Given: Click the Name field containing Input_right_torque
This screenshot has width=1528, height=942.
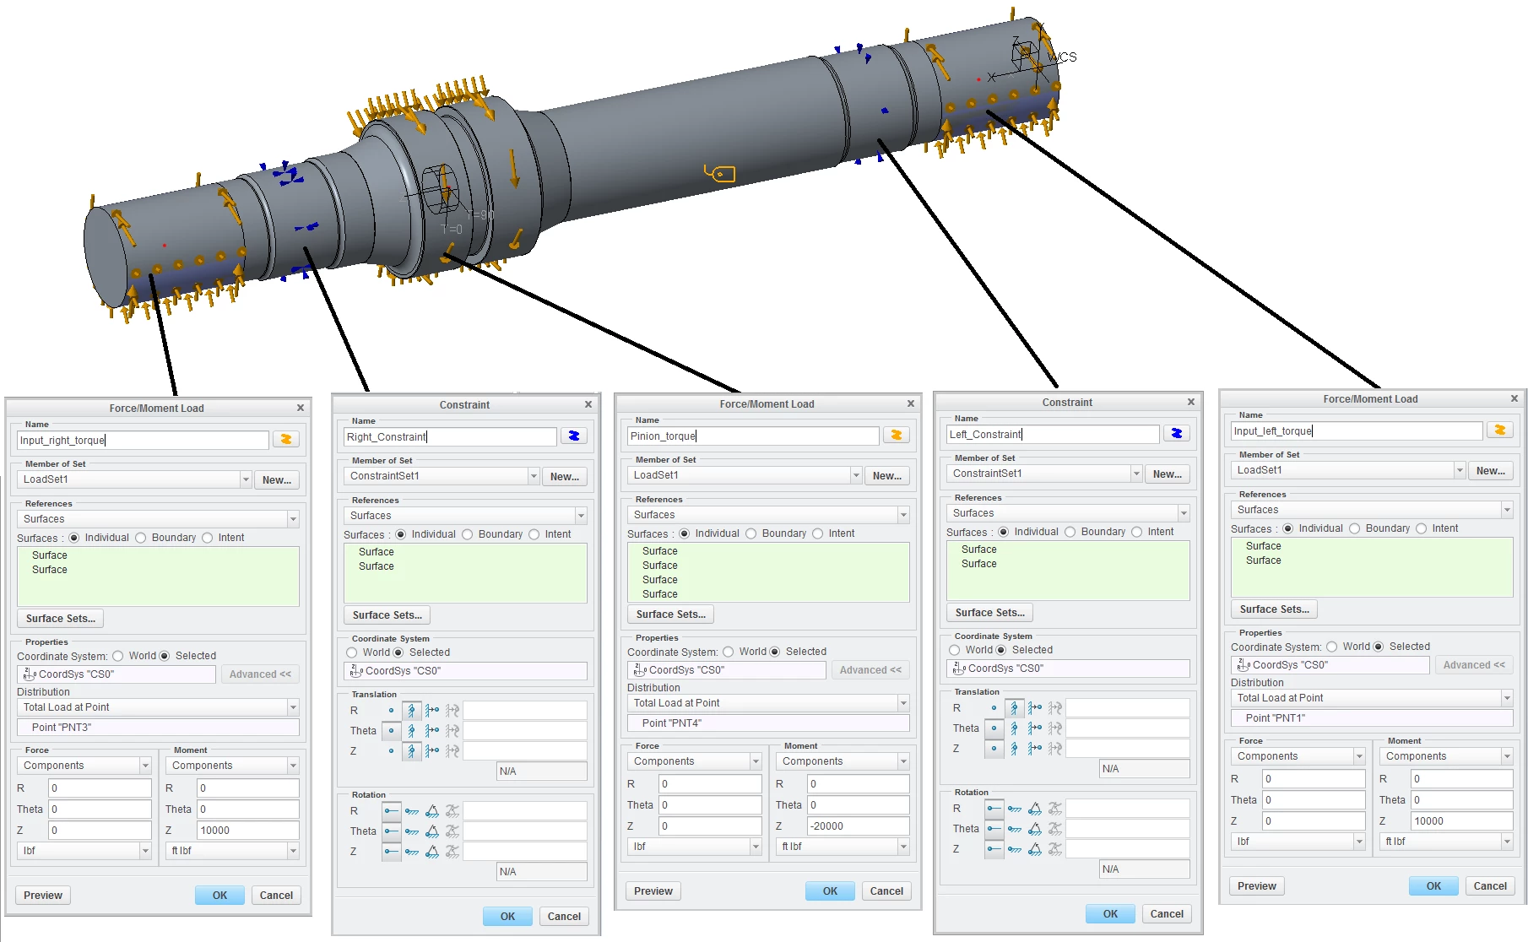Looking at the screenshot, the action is pyautogui.click(x=143, y=440).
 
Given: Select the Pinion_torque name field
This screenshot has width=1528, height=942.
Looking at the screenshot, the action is pyautogui.click(x=753, y=436).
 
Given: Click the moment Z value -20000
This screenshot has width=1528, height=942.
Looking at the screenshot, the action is pyautogui.click(x=858, y=826).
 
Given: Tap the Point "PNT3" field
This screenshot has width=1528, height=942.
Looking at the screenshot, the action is pyautogui.click(x=158, y=728).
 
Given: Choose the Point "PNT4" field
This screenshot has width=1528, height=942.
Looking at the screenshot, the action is pyautogui.click(x=768, y=723).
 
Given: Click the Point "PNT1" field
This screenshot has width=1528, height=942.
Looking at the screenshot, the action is pyautogui.click(x=1372, y=718).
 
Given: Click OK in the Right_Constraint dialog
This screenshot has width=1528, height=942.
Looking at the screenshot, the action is pyautogui.click(x=507, y=917).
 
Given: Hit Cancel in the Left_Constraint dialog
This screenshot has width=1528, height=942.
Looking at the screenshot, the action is pyautogui.click(x=1167, y=914).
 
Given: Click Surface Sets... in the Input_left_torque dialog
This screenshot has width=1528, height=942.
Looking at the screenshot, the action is pyautogui.click(x=1275, y=609).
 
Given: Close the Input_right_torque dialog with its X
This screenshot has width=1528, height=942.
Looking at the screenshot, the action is pyautogui.click(x=301, y=408).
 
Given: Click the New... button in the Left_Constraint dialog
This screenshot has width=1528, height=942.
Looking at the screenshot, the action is pyautogui.click(x=1168, y=474).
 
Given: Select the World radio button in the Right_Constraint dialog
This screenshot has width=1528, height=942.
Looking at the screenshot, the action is pyautogui.click(x=352, y=652).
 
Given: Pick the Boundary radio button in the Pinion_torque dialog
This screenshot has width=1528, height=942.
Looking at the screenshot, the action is pyautogui.click(x=750, y=533).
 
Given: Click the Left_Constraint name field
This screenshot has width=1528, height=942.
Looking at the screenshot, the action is pyautogui.click(x=1054, y=434).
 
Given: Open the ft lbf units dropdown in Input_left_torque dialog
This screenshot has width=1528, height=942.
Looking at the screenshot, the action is pyautogui.click(x=1446, y=842).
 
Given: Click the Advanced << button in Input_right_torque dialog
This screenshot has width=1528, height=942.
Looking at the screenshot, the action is pyautogui.click(x=260, y=674).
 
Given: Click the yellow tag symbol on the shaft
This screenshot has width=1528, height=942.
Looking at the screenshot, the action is pyautogui.click(x=720, y=174).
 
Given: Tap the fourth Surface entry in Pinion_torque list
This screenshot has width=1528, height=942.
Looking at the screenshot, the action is pyautogui.click(x=660, y=594).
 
